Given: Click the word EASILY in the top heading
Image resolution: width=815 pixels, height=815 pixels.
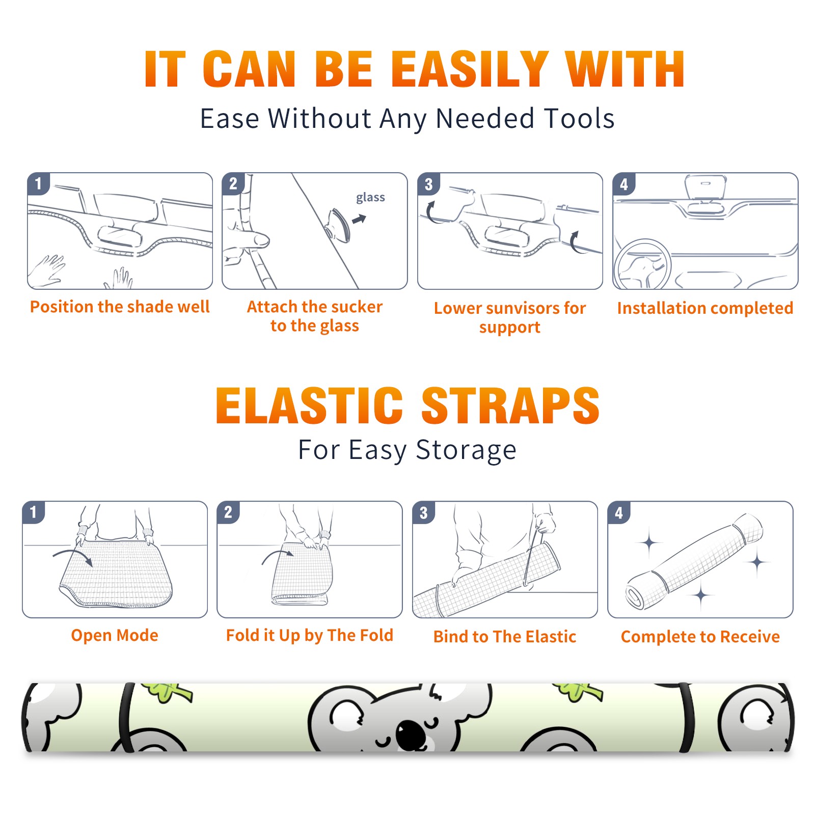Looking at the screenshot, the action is click(x=470, y=70).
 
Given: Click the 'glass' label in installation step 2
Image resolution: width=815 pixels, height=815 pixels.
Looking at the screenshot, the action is click(x=370, y=198).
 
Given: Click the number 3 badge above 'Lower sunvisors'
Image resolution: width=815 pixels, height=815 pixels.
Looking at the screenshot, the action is click(x=428, y=184).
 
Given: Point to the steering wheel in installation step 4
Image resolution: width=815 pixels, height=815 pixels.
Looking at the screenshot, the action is click(x=642, y=264).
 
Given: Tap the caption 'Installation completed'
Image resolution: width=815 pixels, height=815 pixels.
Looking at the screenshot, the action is click(x=705, y=308).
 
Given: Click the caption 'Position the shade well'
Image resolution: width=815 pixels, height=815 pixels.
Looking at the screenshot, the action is click(x=120, y=307).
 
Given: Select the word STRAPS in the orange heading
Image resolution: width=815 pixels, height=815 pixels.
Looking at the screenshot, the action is click(x=510, y=405).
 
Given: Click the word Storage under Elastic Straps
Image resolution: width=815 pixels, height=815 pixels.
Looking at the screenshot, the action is click(x=466, y=450).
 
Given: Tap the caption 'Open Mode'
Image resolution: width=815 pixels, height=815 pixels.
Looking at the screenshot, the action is click(x=115, y=635).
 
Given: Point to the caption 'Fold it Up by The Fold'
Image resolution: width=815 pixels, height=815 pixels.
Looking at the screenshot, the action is click(x=310, y=636).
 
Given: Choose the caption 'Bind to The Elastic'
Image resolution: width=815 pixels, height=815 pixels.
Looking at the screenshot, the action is click(x=505, y=637).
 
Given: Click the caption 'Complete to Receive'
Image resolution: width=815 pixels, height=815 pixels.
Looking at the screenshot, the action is click(x=700, y=637).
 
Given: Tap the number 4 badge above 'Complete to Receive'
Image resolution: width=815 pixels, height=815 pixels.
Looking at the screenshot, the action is click(x=619, y=512).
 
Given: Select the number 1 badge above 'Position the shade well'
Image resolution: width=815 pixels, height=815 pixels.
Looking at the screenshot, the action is click(x=38, y=183).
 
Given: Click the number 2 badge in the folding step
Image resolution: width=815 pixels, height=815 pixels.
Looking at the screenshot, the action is click(x=228, y=512).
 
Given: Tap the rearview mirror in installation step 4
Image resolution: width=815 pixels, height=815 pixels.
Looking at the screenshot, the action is click(x=705, y=187).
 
